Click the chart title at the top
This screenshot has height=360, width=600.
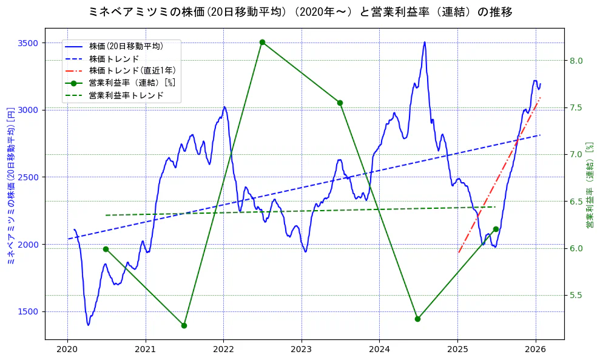[300, 12]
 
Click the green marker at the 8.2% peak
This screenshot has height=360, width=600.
[262, 42]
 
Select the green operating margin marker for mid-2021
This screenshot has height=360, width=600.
[184, 325]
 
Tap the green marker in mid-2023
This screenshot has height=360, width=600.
[340, 103]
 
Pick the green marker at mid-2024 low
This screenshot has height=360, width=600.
[417, 319]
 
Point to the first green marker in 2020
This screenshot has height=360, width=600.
[106, 249]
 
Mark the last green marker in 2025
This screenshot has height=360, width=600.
[496, 229]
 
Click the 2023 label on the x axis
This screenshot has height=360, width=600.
[302, 350]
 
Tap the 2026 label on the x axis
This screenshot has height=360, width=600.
[536, 350]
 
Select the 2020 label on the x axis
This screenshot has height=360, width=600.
[67, 350]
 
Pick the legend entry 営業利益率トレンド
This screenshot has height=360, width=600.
[126, 95]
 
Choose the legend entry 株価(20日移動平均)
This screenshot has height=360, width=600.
[126, 46]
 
